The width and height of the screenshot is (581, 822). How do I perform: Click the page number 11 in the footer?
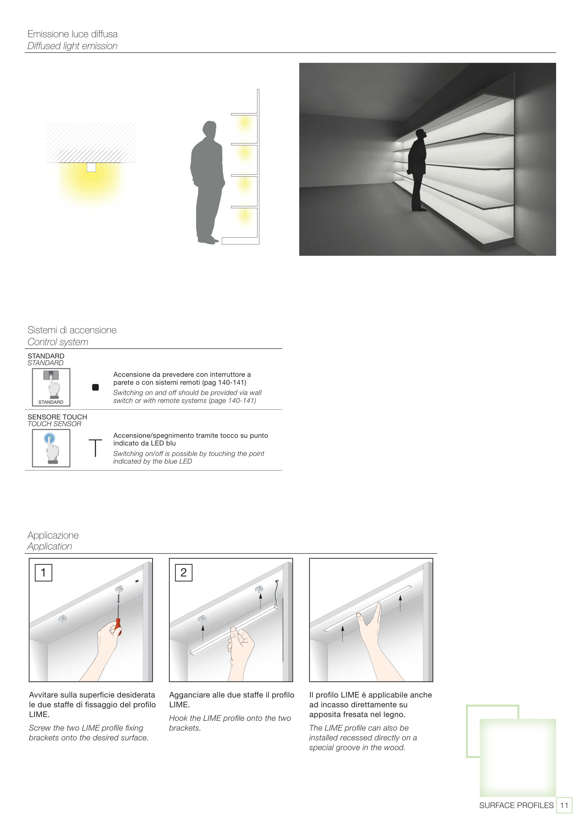[564, 805]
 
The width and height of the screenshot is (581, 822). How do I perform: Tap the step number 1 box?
[43, 573]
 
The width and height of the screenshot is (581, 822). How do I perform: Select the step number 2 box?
[184, 573]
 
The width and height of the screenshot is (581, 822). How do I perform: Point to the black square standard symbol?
[95, 387]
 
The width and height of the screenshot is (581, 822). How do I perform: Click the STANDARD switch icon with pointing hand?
[51, 387]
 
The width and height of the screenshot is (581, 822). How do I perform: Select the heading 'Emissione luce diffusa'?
[73, 34]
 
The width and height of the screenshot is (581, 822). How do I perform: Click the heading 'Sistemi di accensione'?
[72, 330]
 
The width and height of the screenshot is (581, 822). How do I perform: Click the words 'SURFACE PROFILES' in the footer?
[516, 805]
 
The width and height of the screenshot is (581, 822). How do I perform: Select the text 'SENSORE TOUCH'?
[57, 417]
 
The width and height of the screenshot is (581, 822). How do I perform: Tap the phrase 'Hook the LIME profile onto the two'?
[230, 718]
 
